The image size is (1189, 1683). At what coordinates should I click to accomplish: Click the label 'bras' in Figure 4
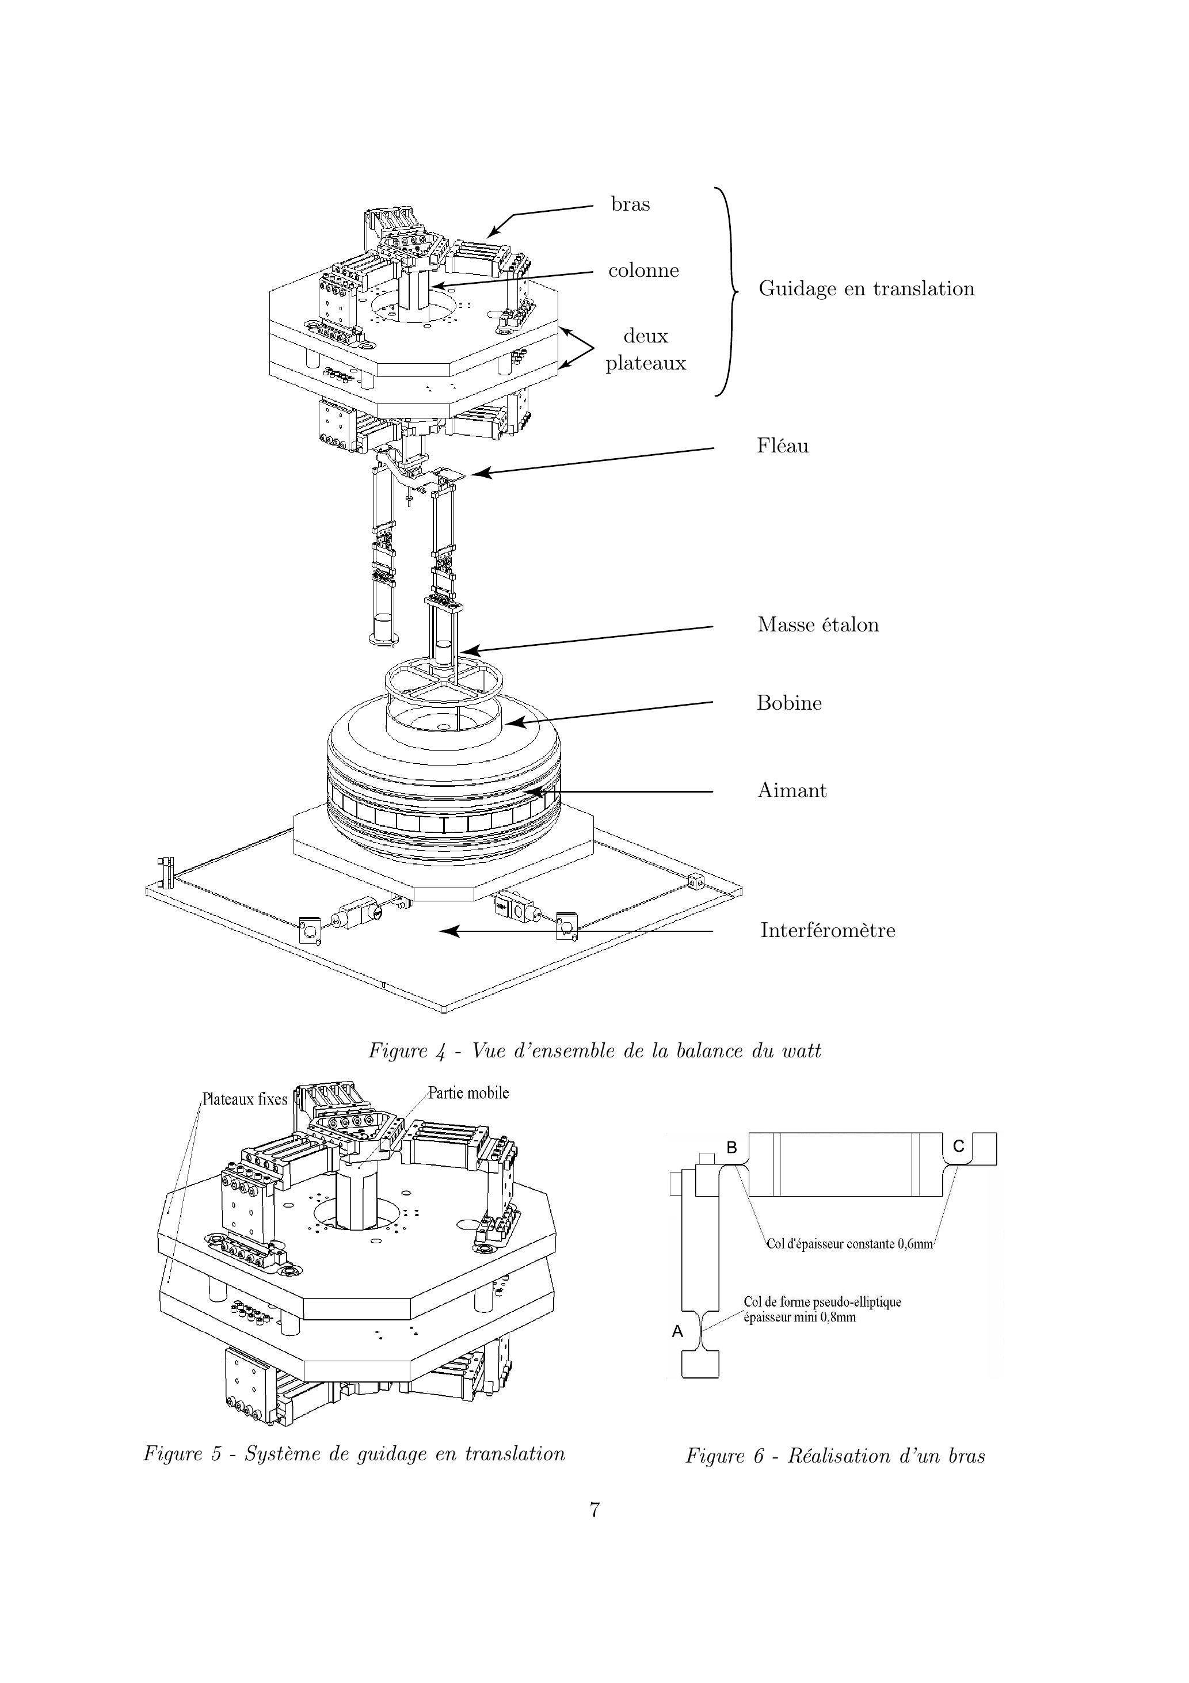[630, 204]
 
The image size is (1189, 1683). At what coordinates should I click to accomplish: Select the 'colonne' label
[643, 271]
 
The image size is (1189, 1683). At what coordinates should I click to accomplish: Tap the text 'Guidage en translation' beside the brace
[867, 289]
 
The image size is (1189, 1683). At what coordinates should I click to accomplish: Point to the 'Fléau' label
[783, 445]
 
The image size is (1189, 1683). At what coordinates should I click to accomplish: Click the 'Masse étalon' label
[818, 625]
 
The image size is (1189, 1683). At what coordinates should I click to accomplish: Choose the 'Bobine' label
[790, 703]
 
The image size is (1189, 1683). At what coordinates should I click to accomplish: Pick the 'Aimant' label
[792, 790]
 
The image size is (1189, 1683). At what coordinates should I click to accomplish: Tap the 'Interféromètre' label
[828, 930]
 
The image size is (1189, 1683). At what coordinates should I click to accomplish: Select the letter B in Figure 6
[731, 1148]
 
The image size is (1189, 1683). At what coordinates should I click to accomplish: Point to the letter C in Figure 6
[958, 1147]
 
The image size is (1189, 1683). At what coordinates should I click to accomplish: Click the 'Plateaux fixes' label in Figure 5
[245, 1099]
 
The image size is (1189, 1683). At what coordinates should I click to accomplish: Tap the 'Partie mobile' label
[469, 1093]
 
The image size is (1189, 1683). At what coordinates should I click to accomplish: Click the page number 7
[594, 1510]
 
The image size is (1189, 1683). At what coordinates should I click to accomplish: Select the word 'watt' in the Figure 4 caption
[801, 1051]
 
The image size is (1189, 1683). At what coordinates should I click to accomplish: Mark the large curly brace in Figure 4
[726, 292]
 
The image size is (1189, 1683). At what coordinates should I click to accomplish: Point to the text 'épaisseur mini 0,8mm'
[800, 1318]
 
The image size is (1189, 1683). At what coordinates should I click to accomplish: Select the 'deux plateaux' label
[646, 349]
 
